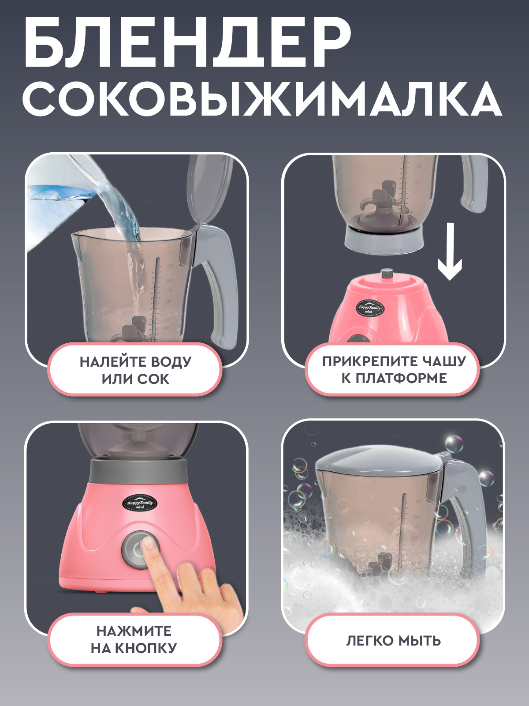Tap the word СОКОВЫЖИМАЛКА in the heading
click(262, 98)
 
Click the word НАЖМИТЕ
click(134, 631)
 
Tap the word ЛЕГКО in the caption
click(369, 640)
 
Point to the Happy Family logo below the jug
click(369, 308)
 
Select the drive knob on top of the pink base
click(387, 274)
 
